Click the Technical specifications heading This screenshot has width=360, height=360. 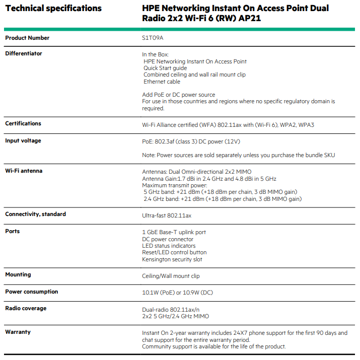coord(53,9)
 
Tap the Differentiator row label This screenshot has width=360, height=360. coord(24,53)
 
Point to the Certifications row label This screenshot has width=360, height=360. coord(23,123)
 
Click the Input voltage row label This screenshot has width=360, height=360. coord(23,140)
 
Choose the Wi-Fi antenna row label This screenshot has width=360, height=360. coord(24,171)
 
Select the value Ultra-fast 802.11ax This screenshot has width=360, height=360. coord(167,215)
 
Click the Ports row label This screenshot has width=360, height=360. coord(13,231)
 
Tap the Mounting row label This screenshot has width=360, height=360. coord(18,274)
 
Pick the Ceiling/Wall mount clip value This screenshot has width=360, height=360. coord(171,276)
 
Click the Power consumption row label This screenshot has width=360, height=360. coord(32,292)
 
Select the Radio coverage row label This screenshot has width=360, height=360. coord(26,308)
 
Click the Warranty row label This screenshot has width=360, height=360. coord(18,332)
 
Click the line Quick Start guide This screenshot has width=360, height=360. coord(165,68)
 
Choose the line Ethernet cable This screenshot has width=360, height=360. coord(162,82)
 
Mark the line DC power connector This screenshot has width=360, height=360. coord(168,239)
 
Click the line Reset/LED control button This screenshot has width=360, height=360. coord(174,252)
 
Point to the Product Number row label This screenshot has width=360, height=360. coord(27,38)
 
